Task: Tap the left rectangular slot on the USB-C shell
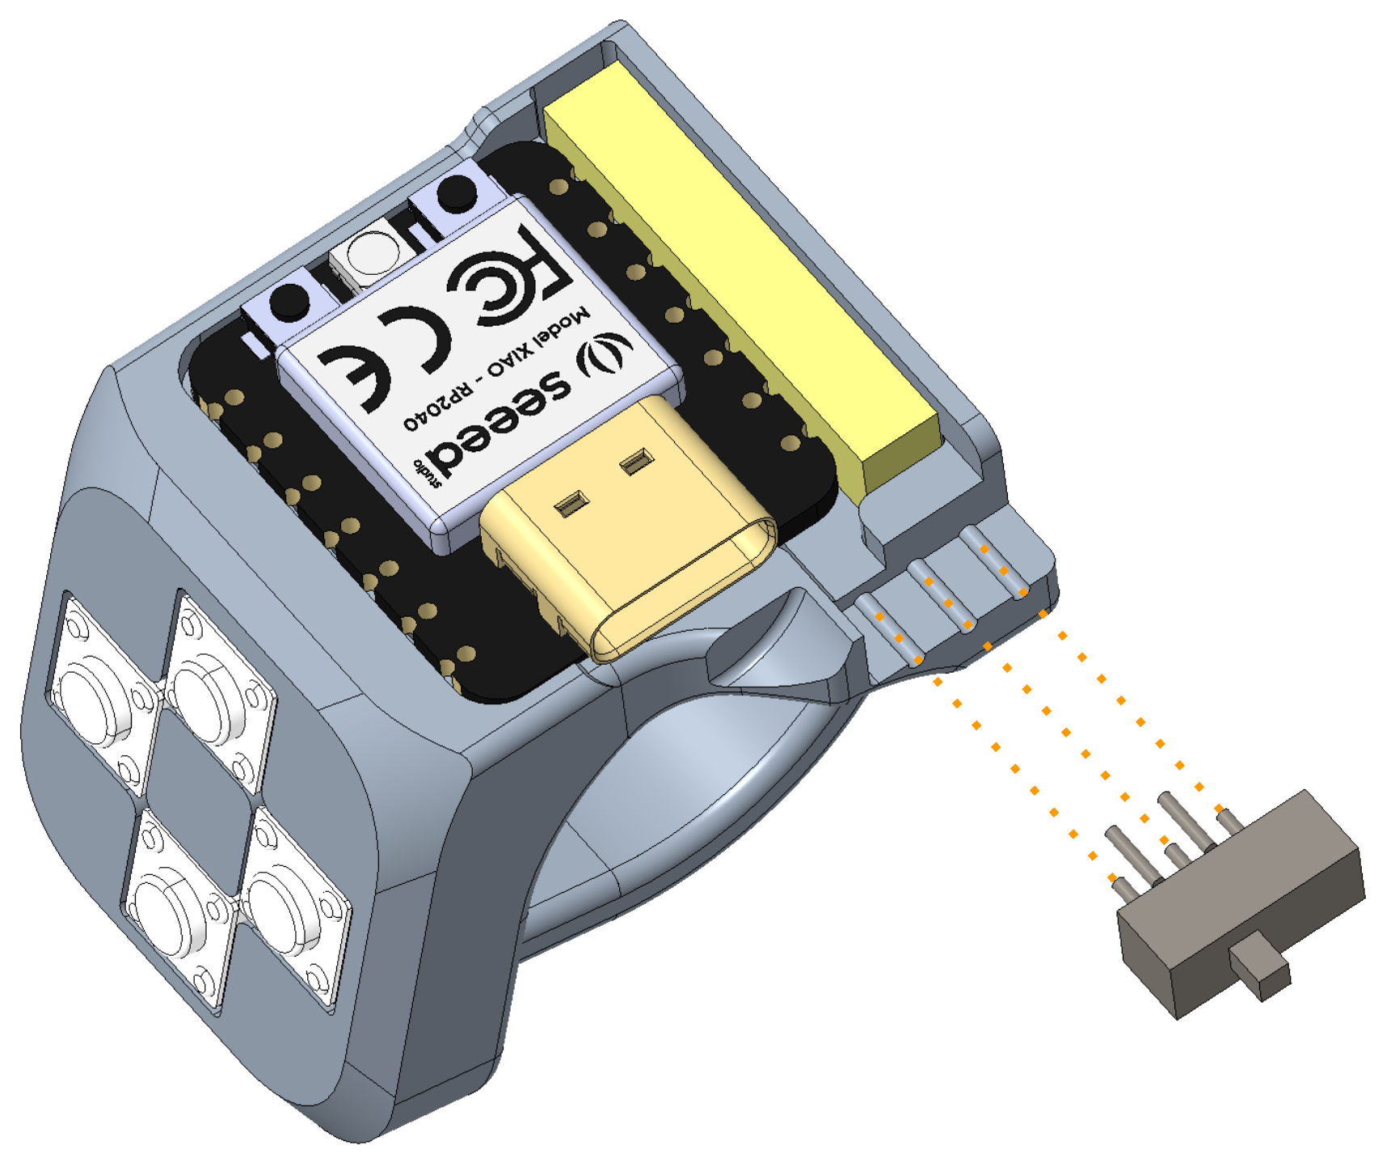pos(571,505)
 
